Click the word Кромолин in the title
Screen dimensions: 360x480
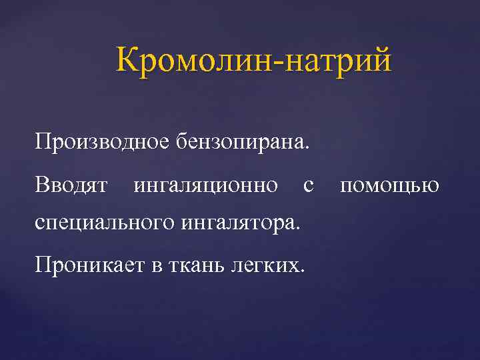196,61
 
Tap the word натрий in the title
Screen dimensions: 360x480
337,61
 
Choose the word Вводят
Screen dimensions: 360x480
73,184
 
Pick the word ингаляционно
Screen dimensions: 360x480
206,185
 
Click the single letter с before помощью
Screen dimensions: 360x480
308,186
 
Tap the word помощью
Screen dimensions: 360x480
389,185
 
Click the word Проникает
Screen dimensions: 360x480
87,266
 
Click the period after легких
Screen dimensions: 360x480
304,272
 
